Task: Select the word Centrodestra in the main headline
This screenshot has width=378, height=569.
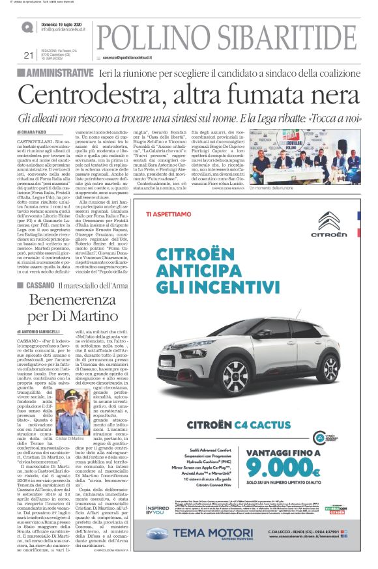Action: pyautogui.click(x=107, y=94)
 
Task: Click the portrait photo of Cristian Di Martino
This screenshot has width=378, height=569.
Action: pyautogui.click(x=76, y=409)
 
